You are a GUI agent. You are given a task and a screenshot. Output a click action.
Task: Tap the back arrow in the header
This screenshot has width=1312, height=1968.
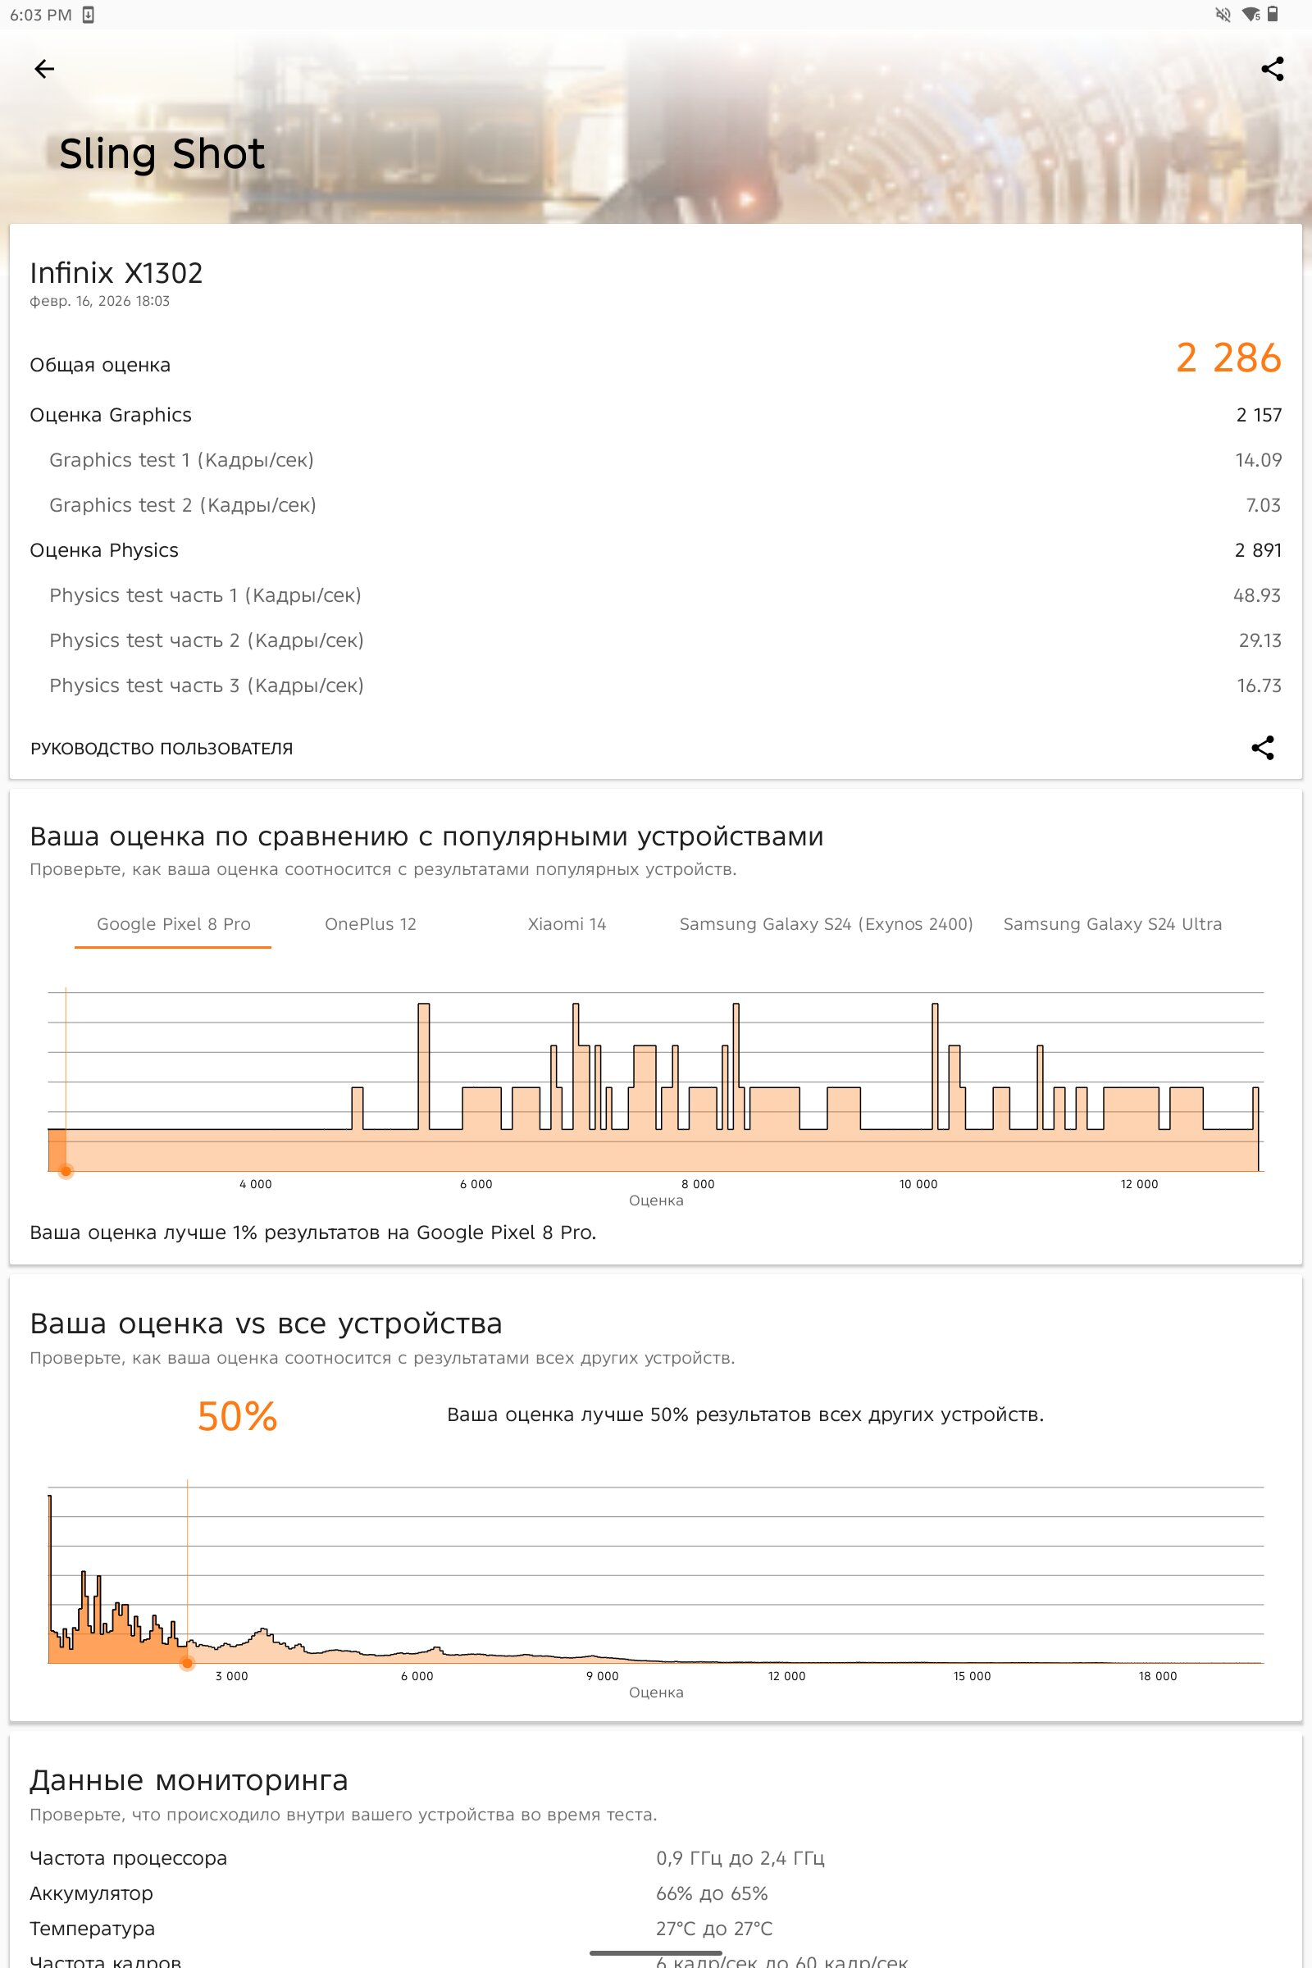pyautogui.click(x=44, y=69)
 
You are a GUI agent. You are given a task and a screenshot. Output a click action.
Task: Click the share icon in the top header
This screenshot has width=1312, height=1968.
pyautogui.click(x=1272, y=69)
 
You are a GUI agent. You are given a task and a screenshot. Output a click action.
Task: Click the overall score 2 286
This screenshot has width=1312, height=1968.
pyautogui.click(x=1228, y=358)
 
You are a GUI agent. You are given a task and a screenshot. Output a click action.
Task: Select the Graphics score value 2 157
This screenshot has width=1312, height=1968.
pyautogui.click(x=1259, y=415)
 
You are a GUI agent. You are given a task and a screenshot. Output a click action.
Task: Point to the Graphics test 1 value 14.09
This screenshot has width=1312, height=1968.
pyautogui.click(x=1258, y=460)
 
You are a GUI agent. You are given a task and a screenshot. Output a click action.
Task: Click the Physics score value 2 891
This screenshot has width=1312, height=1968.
pyautogui.click(x=1258, y=550)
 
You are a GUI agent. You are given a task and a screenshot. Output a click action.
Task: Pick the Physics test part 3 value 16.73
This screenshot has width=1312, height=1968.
pyautogui.click(x=1259, y=686)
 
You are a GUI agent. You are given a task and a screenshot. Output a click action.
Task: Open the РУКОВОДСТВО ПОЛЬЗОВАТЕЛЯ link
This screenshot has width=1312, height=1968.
pyautogui.click(x=162, y=749)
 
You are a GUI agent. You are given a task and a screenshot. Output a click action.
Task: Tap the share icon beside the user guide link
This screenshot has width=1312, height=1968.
pyautogui.click(x=1262, y=748)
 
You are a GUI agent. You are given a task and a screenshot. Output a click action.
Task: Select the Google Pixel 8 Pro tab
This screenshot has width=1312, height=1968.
pyautogui.click(x=173, y=925)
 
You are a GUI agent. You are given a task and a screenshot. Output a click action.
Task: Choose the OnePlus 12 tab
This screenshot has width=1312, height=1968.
pyautogui.click(x=370, y=925)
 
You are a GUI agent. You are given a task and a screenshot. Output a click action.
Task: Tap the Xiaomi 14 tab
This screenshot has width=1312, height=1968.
pyautogui.click(x=567, y=925)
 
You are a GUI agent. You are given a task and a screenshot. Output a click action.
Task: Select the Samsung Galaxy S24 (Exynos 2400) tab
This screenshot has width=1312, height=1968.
pyautogui.click(x=826, y=925)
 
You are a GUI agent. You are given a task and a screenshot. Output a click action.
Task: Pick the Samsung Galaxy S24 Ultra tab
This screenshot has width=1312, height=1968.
pyautogui.click(x=1112, y=925)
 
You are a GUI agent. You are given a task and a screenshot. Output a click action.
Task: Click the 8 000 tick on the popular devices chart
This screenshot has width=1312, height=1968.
pyautogui.click(x=697, y=1184)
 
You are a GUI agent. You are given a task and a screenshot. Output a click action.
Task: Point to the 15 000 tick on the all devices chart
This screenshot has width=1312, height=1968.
pyautogui.click(x=972, y=1676)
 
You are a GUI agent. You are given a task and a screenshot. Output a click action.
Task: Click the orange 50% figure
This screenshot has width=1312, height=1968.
pyautogui.click(x=237, y=1417)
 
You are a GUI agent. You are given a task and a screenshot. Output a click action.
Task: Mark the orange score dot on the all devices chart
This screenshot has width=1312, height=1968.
pyautogui.click(x=188, y=1664)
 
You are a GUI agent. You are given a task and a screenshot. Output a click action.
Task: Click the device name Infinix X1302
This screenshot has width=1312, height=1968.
pyautogui.click(x=116, y=273)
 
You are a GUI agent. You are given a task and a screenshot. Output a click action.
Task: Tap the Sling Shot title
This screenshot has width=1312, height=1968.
pyautogui.click(x=162, y=154)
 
